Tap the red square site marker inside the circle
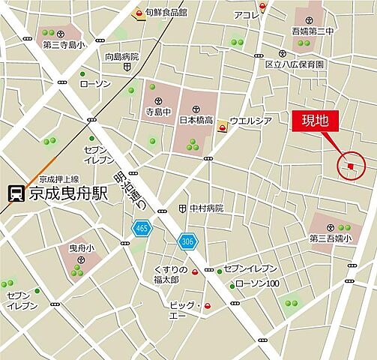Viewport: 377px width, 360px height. pyautogui.click(x=350, y=166)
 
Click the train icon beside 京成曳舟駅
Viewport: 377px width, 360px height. pyautogui.click(x=14, y=193)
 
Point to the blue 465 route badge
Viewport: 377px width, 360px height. pyautogui.click(x=141, y=227)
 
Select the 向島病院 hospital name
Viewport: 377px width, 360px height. pyautogui.click(x=121, y=56)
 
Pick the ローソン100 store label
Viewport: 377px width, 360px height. pyautogui.click(x=257, y=283)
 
